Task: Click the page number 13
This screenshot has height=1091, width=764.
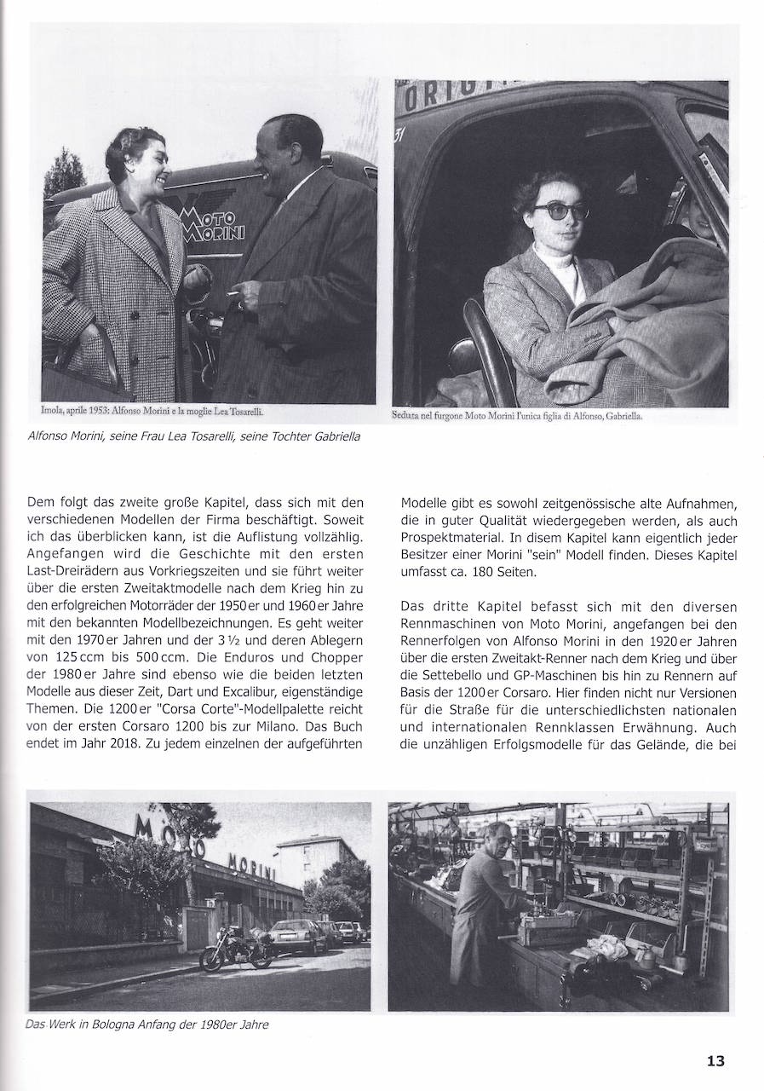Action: pos(715,1061)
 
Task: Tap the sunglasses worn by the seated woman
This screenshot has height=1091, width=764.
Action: pos(561,210)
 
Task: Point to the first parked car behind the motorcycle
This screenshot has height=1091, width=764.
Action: pos(297,935)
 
